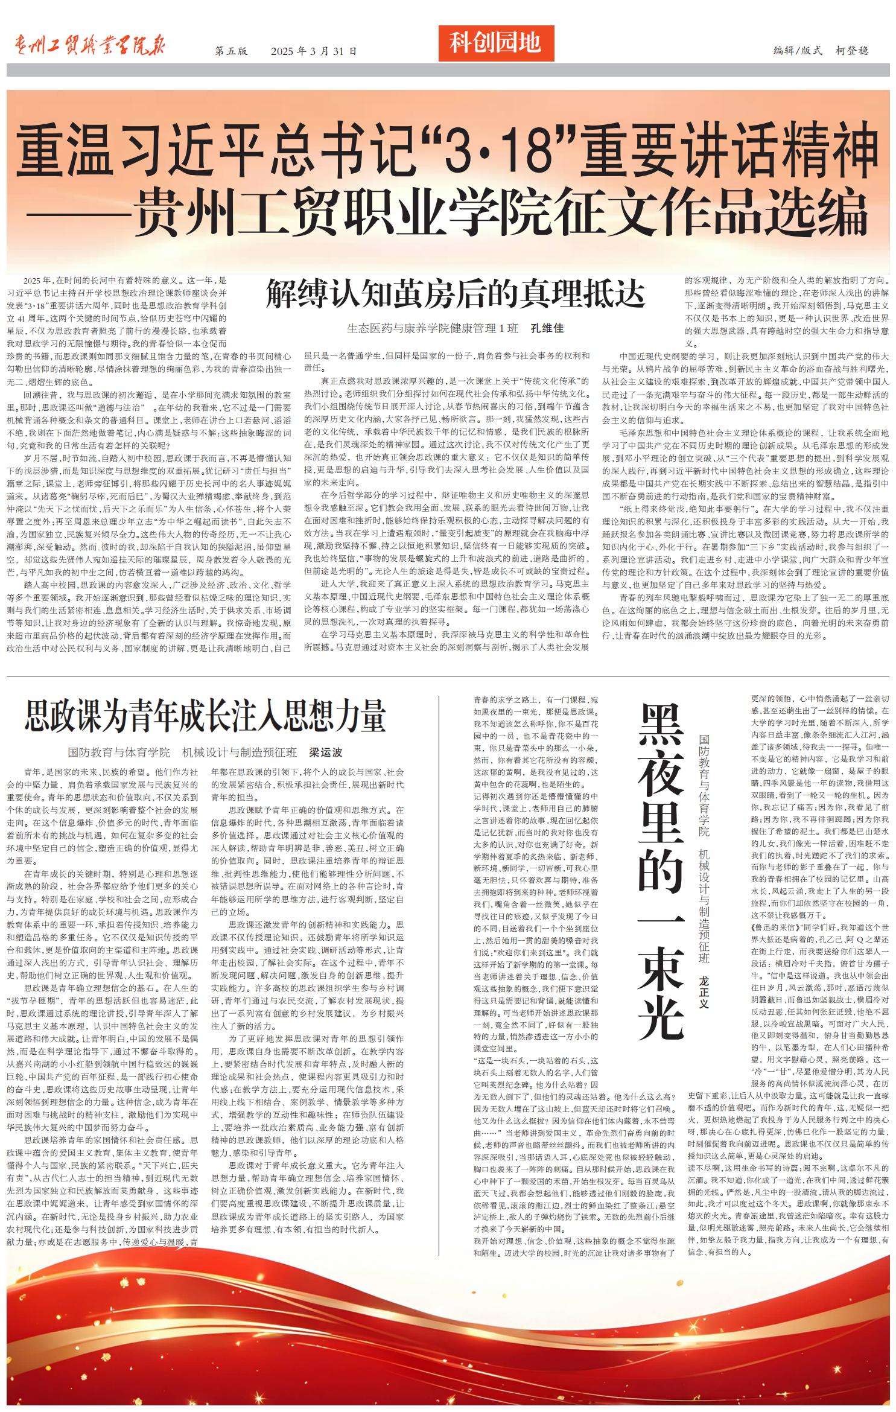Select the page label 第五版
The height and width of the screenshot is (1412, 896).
point(231,51)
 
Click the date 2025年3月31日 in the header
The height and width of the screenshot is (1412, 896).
point(313,51)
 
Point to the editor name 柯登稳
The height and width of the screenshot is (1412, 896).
point(852,51)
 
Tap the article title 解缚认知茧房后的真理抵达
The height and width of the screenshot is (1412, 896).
point(456,294)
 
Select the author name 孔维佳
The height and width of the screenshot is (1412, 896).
point(547,328)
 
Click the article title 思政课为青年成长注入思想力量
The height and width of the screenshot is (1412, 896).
point(205,716)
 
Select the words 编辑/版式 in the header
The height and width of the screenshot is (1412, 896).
point(798,51)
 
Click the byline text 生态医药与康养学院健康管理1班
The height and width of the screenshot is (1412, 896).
point(432,328)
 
